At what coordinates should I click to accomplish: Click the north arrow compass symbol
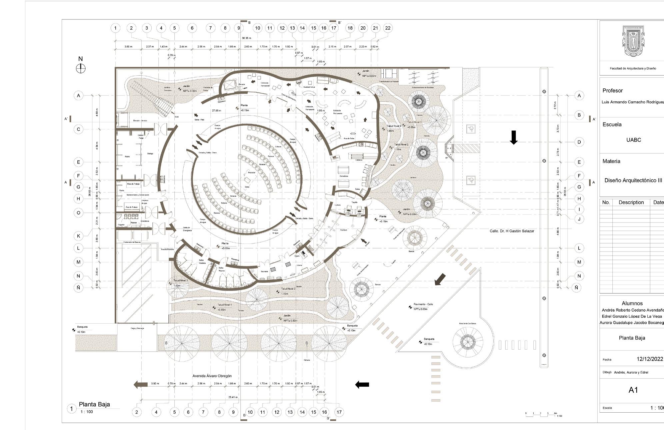[x=81, y=68]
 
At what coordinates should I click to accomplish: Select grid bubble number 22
[x=388, y=28]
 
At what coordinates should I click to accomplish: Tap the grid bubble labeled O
[x=78, y=213]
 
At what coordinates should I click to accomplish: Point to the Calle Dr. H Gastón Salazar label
[x=512, y=231]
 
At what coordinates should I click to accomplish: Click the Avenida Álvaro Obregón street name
[x=212, y=376]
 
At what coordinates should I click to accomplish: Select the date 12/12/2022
[x=650, y=359]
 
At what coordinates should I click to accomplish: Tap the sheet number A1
[x=633, y=390]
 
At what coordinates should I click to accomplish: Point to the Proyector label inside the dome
[x=252, y=172]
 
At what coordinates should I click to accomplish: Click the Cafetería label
[x=359, y=160]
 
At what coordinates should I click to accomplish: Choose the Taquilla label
[x=354, y=202]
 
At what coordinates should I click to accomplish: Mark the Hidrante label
[x=307, y=360]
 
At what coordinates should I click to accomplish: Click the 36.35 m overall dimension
[x=247, y=38]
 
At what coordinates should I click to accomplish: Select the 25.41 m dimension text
[x=233, y=397]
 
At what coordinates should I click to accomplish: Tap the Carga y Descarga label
[x=137, y=328]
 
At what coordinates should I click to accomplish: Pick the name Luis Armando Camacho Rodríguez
[x=633, y=102]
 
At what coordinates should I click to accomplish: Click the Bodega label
[x=150, y=153]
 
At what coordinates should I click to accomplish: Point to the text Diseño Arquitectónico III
[x=633, y=180]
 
